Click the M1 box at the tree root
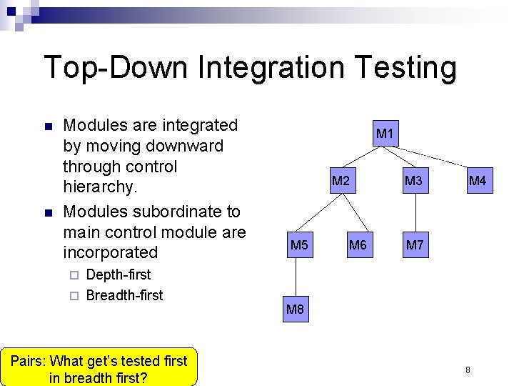pos(385,134)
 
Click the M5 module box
pos(299,246)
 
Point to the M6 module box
pos(357,246)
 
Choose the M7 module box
pos(413,246)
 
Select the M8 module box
pos(296,310)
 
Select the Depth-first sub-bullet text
pos(118,274)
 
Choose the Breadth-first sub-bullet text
pos(124,295)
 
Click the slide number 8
pos(468,370)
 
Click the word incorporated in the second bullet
pos(111,252)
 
